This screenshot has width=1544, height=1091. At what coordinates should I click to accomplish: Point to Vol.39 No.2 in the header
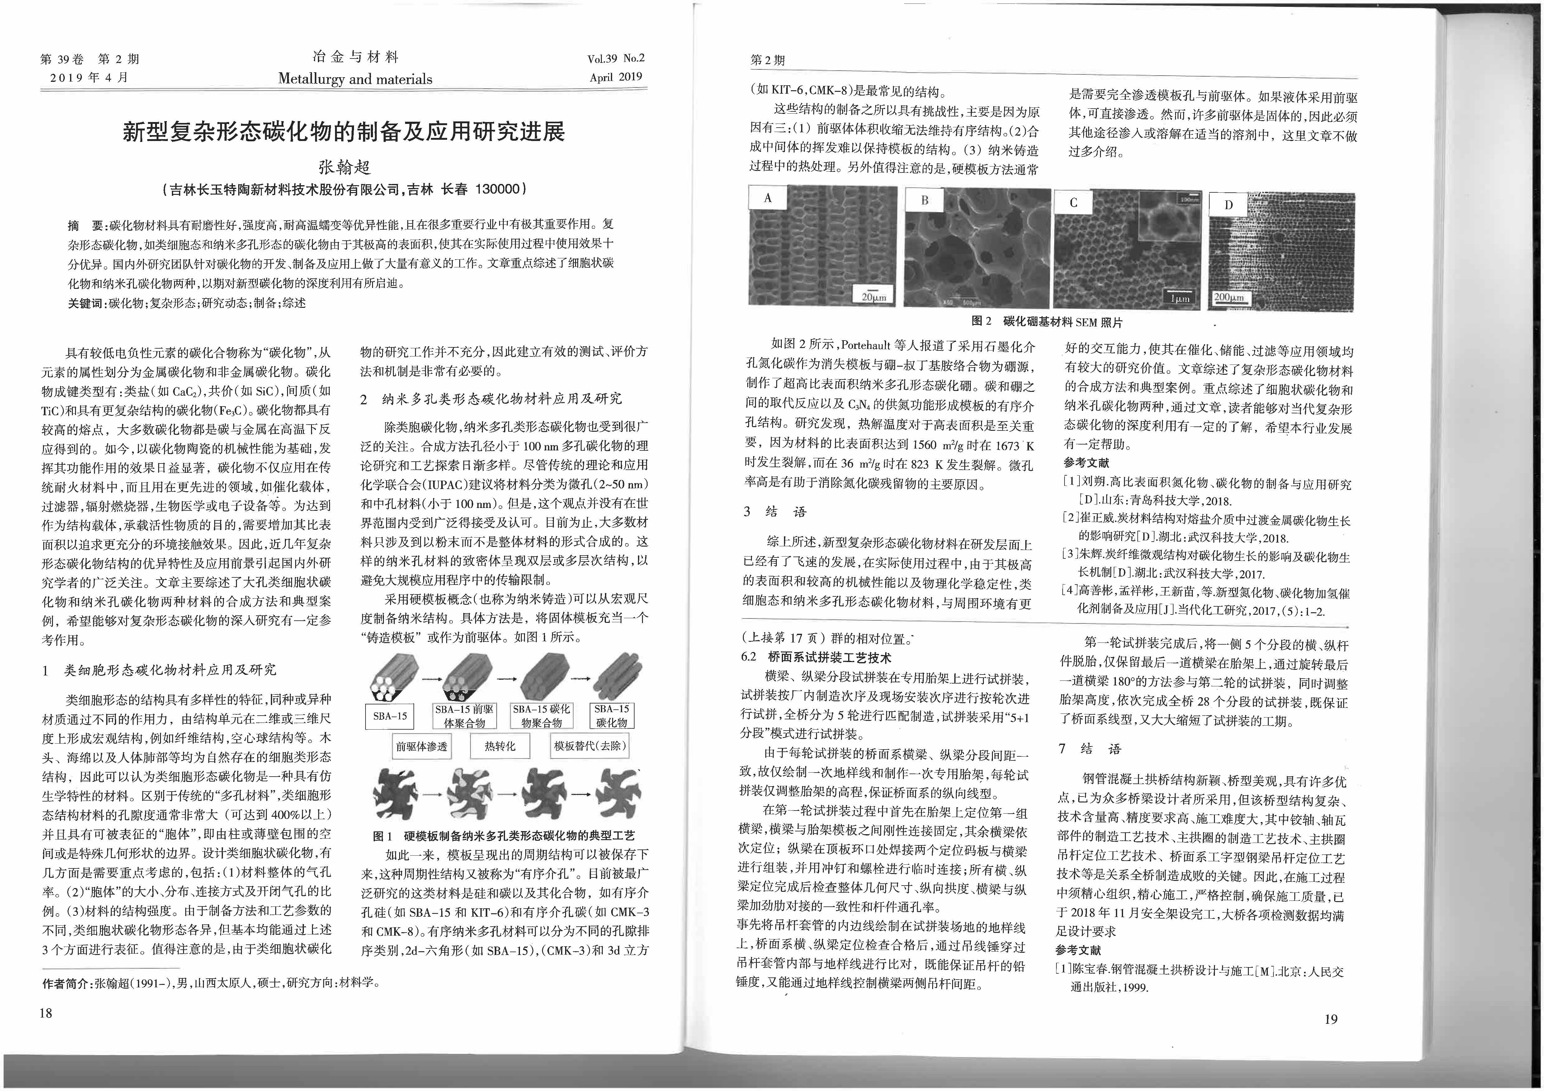(x=615, y=59)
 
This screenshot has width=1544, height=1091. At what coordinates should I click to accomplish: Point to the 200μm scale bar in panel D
(x=1229, y=297)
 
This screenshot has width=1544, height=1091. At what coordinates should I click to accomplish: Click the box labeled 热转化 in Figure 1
(x=500, y=746)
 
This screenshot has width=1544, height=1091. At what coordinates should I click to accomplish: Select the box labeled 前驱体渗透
(x=422, y=746)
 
